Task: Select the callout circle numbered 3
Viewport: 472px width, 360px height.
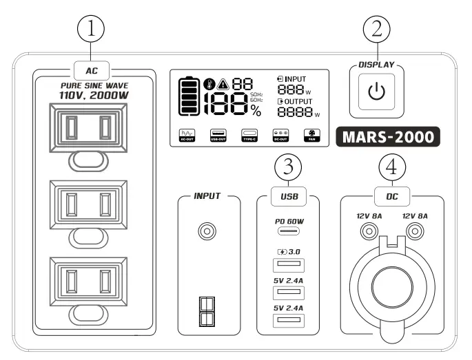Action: click(x=288, y=167)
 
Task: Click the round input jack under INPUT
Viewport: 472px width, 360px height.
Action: click(x=205, y=232)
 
